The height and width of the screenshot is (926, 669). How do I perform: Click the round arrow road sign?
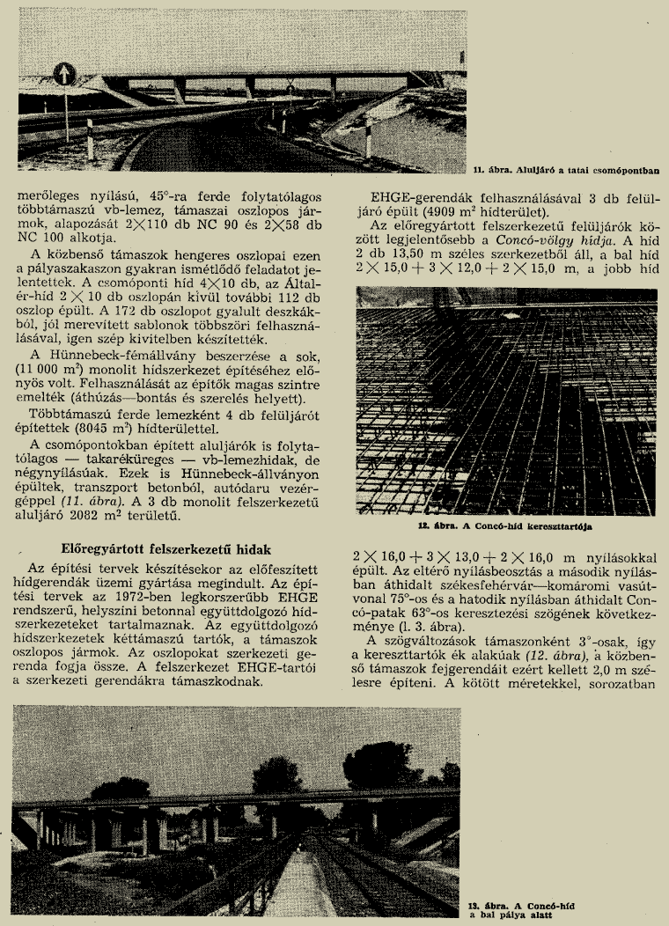(x=65, y=74)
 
